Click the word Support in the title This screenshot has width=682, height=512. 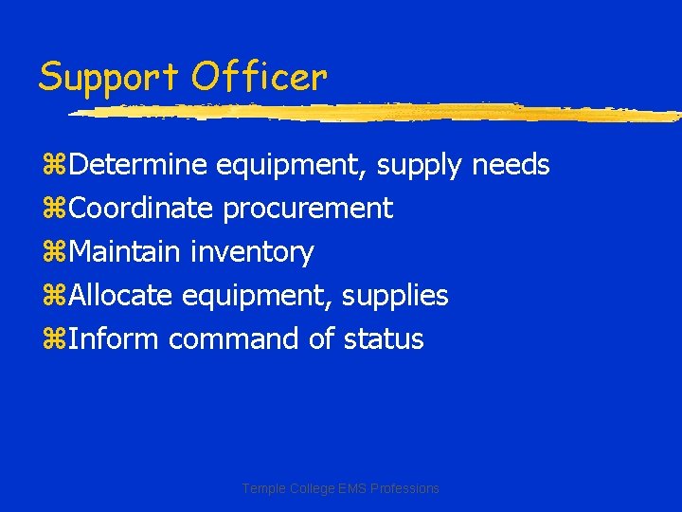108,77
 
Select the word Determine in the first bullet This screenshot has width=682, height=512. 138,165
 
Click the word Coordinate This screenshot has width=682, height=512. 142,209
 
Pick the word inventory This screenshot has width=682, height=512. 252,253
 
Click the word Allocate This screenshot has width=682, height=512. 121,296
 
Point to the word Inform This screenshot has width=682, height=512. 115,338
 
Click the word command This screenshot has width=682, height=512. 235,338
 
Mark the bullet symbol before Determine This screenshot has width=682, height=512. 53,166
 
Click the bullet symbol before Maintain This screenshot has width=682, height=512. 53,253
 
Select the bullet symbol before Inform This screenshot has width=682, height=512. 53,339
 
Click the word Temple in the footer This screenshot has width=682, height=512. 262,488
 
